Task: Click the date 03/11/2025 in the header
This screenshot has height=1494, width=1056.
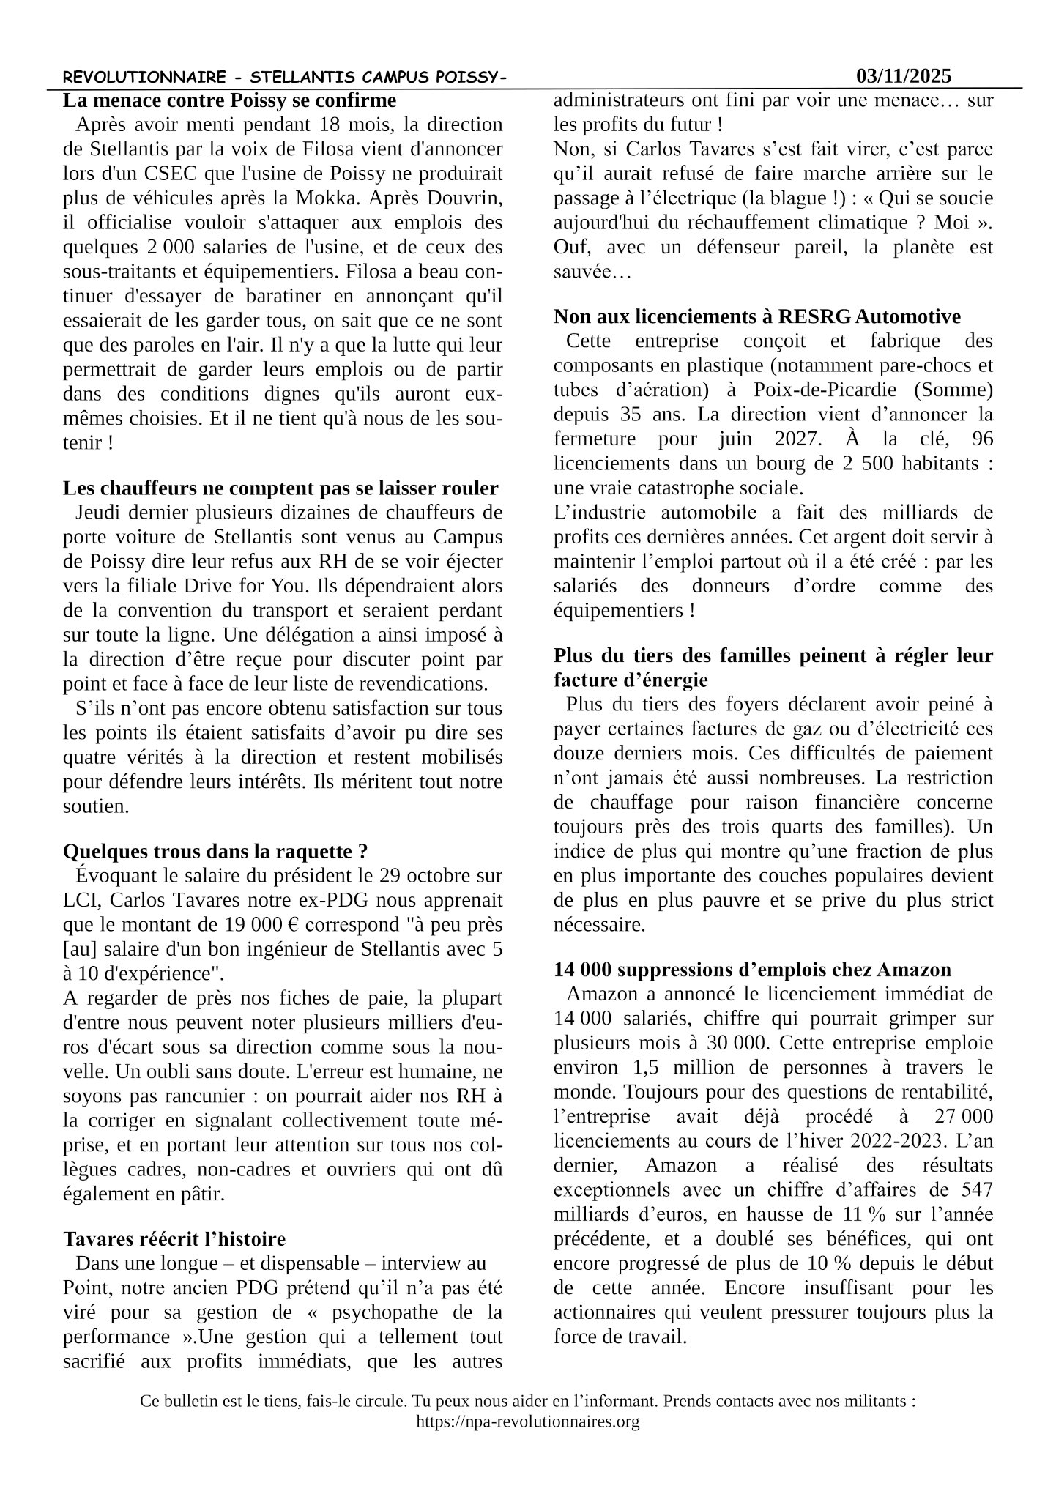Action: [x=904, y=76]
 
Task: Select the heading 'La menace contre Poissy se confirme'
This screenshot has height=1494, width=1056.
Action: [x=229, y=100]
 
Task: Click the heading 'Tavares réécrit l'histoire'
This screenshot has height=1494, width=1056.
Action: [x=174, y=1239]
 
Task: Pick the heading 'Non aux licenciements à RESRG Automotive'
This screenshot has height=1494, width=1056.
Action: [x=756, y=316]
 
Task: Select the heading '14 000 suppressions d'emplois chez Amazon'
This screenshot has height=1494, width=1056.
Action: [x=752, y=970]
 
